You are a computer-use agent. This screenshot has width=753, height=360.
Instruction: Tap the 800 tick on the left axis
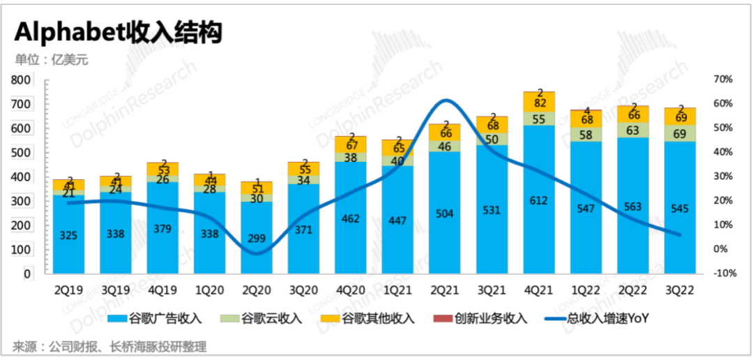click(21, 81)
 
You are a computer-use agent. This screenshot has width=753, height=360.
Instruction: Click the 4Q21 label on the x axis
click(538, 287)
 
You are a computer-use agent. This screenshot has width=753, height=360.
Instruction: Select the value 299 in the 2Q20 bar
click(256, 238)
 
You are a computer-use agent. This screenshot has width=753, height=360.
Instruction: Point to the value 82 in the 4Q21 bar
click(538, 103)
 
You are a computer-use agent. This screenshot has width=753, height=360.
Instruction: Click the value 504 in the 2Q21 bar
click(444, 213)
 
